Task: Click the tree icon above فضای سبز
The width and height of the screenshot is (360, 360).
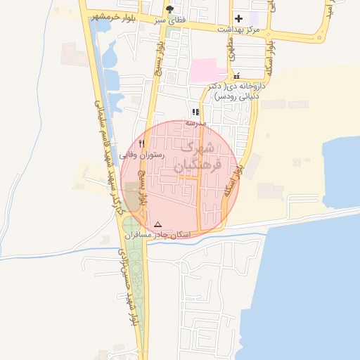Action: coord(169,10)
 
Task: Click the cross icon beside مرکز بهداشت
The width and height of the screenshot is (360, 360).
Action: coord(238,18)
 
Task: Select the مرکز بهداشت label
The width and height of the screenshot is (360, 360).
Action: coord(238,30)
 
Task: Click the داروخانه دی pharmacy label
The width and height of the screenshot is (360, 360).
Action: coord(231,91)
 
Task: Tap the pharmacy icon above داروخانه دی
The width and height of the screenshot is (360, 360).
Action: coord(236,76)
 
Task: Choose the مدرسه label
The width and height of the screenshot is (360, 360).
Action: coord(195,122)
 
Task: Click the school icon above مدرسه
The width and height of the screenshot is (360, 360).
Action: coord(195,112)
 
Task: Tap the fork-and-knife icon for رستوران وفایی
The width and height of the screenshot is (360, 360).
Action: coord(142,143)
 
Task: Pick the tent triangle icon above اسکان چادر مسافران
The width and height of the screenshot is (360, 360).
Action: coord(157,224)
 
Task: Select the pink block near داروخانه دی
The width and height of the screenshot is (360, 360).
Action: coord(207,70)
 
